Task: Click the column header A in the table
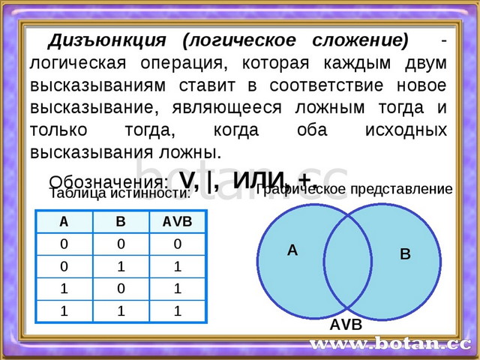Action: tap(64, 222)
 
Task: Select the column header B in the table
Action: tap(120, 222)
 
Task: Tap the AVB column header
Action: tap(177, 222)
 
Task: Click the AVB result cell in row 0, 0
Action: tap(177, 244)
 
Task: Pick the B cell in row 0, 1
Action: tap(120, 266)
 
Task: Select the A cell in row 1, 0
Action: tap(64, 289)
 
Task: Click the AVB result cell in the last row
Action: tap(177, 310)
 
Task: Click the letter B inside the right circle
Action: tap(405, 254)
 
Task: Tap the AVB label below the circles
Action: tap(346, 325)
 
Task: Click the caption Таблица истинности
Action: tap(119, 193)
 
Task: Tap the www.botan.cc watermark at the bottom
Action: tap(389, 344)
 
